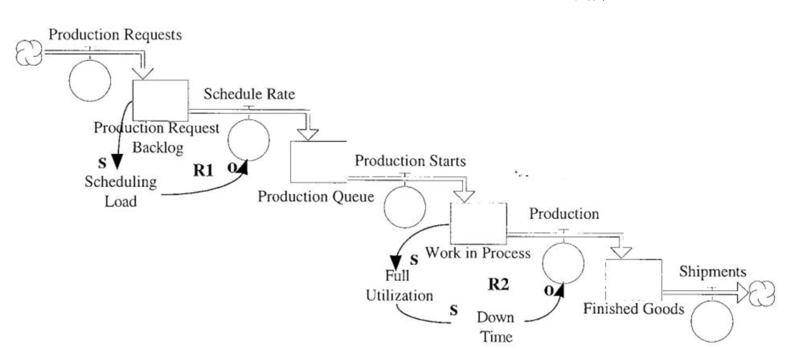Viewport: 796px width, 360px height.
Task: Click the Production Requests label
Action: [115, 35]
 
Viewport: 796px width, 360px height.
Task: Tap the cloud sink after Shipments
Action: [761, 294]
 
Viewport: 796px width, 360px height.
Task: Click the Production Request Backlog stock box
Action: [160, 100]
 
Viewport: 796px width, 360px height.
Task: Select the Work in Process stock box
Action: [478, 223]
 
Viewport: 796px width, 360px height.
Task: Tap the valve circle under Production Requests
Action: [90, 81]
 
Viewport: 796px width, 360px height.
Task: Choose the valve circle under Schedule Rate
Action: [248, 140]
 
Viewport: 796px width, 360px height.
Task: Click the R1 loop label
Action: [203, 171]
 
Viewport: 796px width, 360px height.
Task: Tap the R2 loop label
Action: [497, 285]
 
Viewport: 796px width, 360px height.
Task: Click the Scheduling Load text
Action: [120, 192]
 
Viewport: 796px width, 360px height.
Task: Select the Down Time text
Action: [495, 327]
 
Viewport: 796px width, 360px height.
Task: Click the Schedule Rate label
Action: [249, 94]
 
